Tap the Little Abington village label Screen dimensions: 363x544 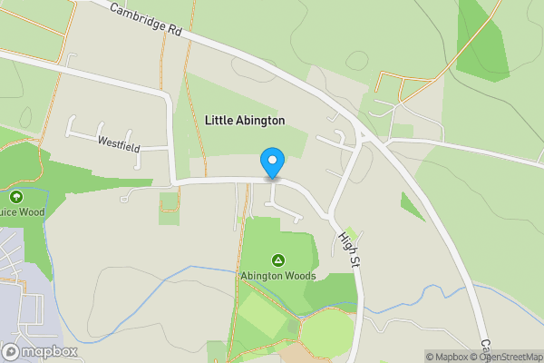(x=245, y=120)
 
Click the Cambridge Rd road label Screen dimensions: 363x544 (x=145, y=19)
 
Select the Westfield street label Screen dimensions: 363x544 (x=119, y=142)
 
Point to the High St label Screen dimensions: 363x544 (x=349, y=246)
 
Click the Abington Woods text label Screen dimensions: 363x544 (x=278, y=276)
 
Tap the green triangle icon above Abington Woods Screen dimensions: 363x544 (x=278, y=260)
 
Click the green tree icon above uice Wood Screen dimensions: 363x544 (x=15, y=196)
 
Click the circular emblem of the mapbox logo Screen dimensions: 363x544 (x=11, y=351)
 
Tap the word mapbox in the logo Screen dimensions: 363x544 (x=50, y=351)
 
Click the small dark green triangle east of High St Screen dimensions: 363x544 (x=411, y=207)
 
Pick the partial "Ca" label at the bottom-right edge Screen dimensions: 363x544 (x=485, y=348)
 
